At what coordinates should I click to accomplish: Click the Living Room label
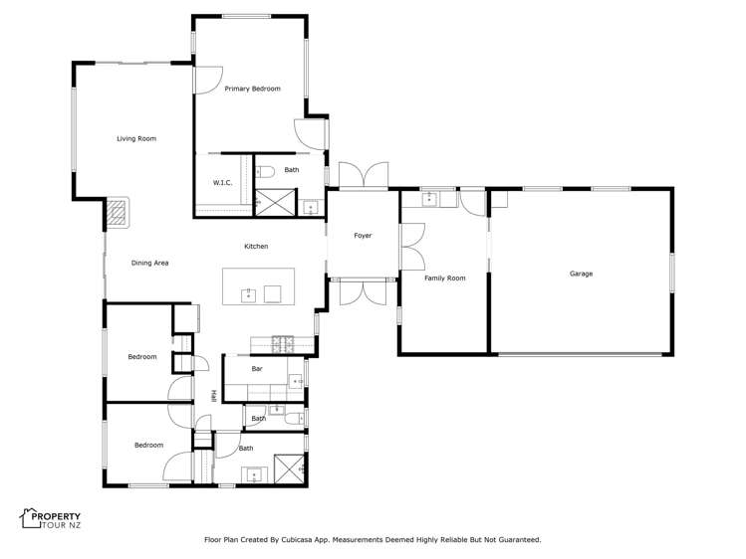(136, 138)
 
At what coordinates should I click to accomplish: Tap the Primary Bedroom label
(252, 89)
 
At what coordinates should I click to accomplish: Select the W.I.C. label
(222, 182)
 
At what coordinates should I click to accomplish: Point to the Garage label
(581, 274)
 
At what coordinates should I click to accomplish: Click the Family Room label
(444, 279)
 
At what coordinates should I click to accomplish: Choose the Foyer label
(363, 236)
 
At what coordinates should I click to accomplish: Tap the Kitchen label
(256, 247)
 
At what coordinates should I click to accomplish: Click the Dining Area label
(149, 263)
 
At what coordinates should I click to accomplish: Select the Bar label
(257, 369)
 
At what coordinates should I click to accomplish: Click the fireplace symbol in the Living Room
(119, 212)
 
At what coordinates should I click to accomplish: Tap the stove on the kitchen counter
(283, 344)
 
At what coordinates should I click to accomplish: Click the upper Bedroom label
(142, 356)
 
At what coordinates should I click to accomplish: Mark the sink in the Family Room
(430, 199)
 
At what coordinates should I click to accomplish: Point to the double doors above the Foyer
(363, 175)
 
